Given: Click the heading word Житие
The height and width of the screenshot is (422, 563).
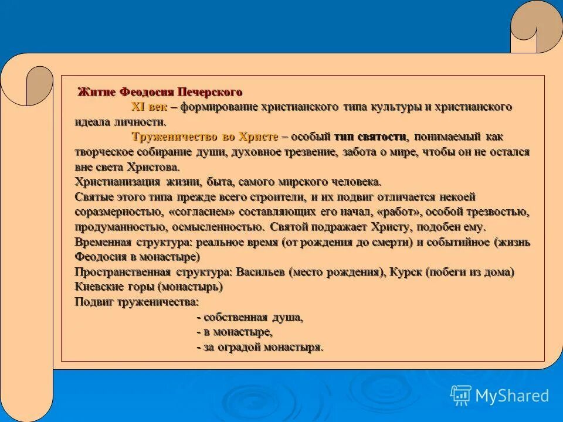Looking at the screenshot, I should click(x=97, y=93).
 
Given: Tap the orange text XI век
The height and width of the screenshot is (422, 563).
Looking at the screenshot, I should click(x=149, y=107).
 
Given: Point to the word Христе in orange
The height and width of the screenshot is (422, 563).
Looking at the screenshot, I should click(x=259, y=137).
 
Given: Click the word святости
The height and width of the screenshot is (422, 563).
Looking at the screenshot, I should click(x=380, y=137).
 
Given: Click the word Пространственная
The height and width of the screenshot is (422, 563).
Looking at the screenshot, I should click(x=123, y=273).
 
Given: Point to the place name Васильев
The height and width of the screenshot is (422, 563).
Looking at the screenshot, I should click(x=262, y=273).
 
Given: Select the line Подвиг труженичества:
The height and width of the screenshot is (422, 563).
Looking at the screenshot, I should click(x=137, y=302).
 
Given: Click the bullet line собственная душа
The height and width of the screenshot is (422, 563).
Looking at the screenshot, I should click(x=250, y=318).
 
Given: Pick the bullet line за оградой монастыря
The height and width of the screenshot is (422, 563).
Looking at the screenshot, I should click(x=260, y=348).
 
